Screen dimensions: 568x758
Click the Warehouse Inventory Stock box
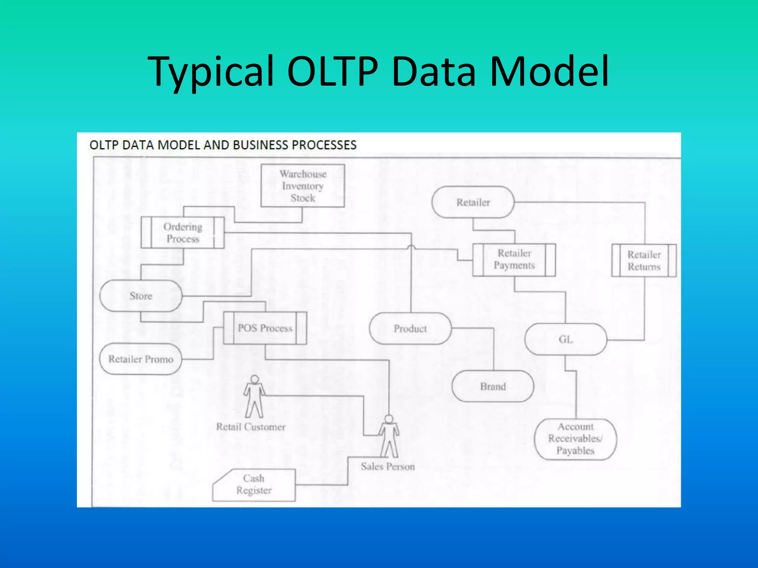tap(302, 186)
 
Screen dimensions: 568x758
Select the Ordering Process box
tap(182, 233)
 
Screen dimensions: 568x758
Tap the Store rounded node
tap(141, 296)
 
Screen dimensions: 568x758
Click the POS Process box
tap(265, 328)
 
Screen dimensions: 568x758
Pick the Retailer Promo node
tap(141, 359)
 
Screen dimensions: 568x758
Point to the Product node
tap(410, 328)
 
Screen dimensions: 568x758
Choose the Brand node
tap(493, 386)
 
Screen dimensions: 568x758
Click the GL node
tap(566, 339)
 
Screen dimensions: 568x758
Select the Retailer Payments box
tap(514, 260)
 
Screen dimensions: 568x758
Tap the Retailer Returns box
tap(644, 260)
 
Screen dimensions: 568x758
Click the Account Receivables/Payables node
tap(575, 439)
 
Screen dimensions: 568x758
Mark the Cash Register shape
tap(254, 485)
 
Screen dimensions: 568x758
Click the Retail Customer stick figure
tap(254, 397)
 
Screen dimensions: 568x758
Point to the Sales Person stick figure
tap(389, 436)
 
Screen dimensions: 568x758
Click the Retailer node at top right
tap(473, 202)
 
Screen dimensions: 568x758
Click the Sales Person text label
tap(388, 467)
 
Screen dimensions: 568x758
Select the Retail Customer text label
tap(251, 427)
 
